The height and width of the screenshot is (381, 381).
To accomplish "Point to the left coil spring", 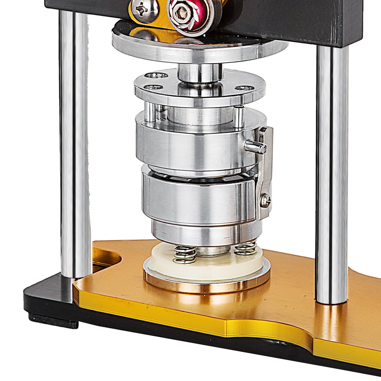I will click(x=185, y=255).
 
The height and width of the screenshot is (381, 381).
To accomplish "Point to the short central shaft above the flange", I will click(x=200, y=73).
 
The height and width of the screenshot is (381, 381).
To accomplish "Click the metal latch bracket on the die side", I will click(x=264, y=171).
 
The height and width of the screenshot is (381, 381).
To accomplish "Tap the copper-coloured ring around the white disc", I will click(x=207, y=286).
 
